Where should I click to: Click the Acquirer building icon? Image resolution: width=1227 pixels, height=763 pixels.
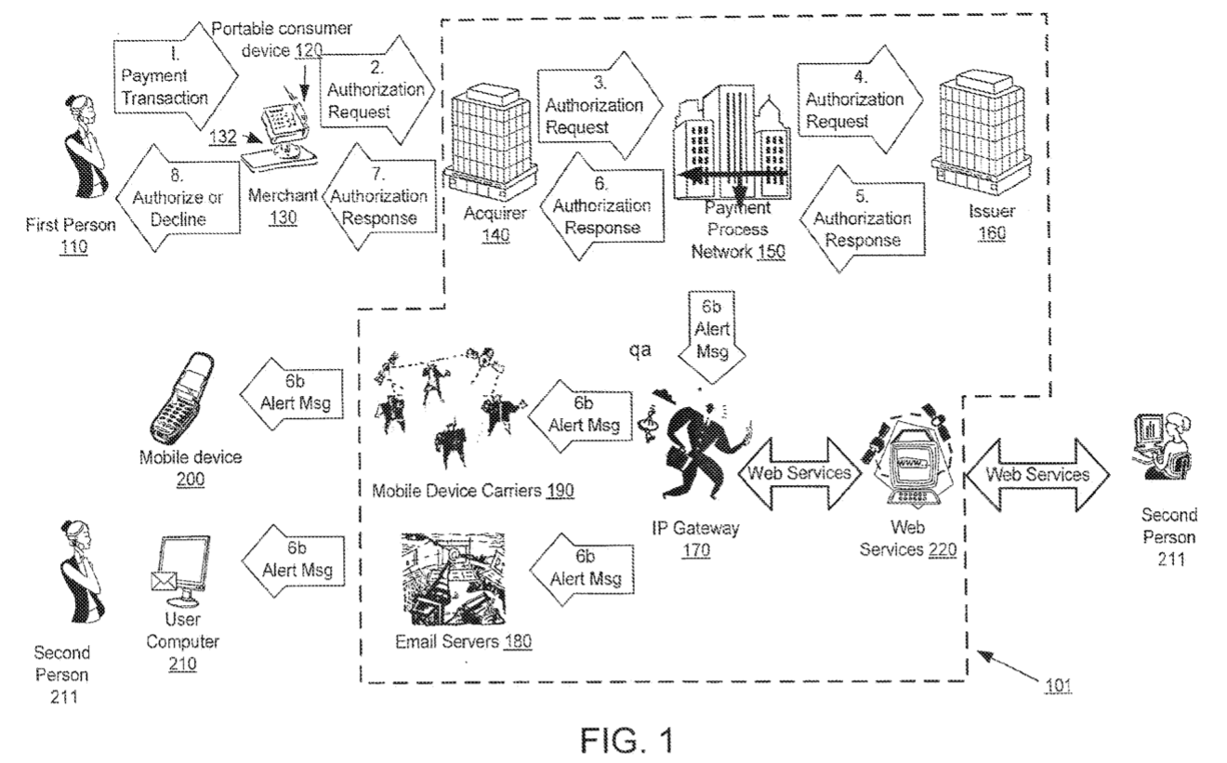(490, 138)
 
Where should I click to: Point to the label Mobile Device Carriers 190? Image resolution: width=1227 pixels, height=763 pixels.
(472, 490)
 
